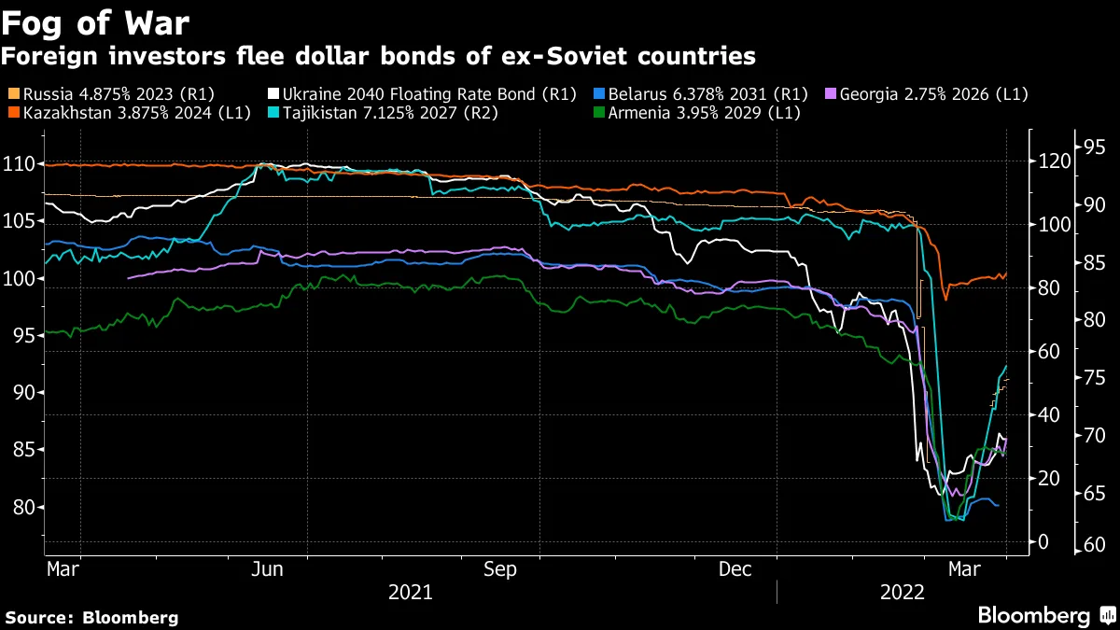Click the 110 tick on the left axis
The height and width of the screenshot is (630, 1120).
(x=21, y=164)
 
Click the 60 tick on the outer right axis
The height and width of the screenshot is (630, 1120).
(x=1094, y=545)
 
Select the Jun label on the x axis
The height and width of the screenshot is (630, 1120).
(x=269, y=568)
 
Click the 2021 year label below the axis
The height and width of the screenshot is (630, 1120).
(x=410, y=592)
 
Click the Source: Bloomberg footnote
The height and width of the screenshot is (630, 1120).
(x=91, y=617)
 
